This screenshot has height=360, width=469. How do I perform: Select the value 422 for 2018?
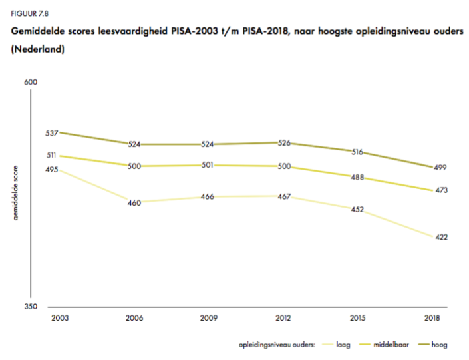coord(441,237)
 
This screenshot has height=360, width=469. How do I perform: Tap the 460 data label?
coord(134,203)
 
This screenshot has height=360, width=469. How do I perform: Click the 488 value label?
coord(357,177)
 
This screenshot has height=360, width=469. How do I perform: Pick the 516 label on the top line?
coord(357,152)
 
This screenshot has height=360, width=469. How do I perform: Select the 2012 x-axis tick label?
coord(283,319)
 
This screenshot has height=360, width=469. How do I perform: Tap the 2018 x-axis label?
coord(432,319)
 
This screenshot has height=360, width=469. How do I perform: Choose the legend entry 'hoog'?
coord(439,345)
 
